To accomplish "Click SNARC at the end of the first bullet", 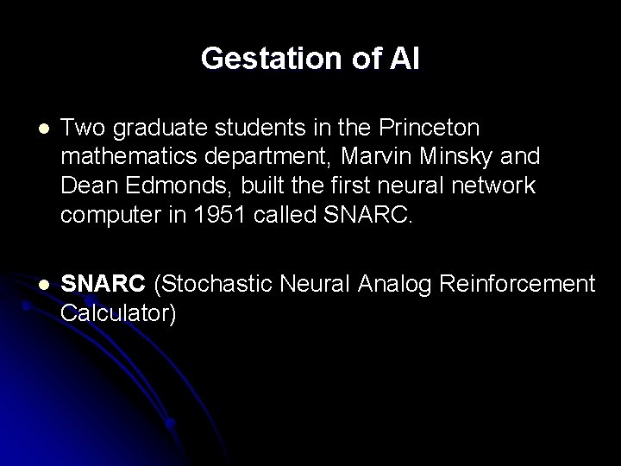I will click(372, 213).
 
